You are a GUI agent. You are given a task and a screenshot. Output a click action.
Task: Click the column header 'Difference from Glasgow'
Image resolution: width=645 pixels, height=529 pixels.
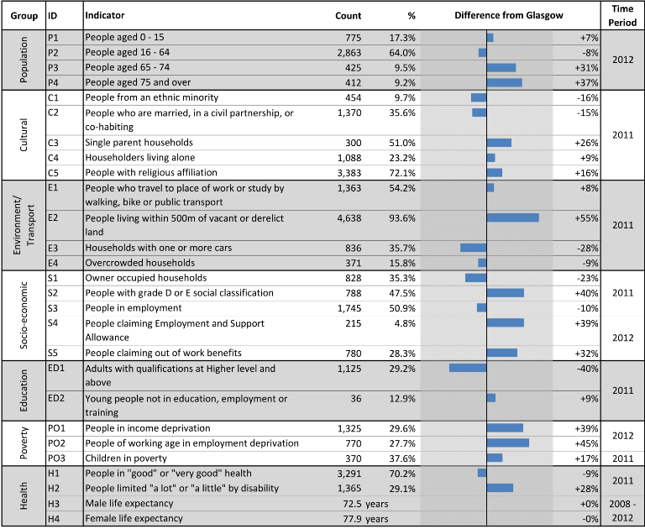pos(508,16)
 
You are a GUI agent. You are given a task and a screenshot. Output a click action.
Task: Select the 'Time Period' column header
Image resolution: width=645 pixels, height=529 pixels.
pos(622,16)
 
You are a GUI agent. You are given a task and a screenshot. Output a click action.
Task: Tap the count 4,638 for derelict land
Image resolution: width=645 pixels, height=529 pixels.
pos(349,218)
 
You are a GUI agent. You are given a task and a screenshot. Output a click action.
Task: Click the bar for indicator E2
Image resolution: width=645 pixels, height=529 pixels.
pos(513,217)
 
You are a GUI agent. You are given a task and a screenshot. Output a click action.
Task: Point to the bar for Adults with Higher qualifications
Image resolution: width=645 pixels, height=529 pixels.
pos(468,368)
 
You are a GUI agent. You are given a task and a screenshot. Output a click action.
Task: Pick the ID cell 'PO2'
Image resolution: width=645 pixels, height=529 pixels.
pos(56,443)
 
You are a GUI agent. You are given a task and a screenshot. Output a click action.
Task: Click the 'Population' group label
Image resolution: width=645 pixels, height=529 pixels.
pos(24,60)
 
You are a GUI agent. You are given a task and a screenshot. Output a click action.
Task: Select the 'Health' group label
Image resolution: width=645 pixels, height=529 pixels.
pos(24,495)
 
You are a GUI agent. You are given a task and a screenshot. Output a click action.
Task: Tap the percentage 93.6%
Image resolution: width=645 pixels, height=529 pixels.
pos(402,218)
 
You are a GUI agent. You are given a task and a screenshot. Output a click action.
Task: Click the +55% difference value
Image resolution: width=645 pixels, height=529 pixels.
pos(586,218)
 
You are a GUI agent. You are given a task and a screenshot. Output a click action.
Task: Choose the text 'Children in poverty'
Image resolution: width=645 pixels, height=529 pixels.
pos(126,458)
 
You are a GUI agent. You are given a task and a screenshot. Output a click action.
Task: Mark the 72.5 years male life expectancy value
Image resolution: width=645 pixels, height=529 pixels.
pos(365,504)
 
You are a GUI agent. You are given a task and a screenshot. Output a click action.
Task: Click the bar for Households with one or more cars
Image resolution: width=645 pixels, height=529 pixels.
pos(473,248)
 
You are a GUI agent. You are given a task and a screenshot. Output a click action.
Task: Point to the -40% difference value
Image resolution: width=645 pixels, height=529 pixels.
pos(587,369)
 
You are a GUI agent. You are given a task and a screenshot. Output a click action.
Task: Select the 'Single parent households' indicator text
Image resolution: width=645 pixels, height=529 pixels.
pos(139,143)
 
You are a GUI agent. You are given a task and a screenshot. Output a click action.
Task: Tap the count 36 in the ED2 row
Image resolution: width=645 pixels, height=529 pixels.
pos(356,399)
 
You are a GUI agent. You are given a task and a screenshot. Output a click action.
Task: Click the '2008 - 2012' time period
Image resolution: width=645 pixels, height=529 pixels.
pos(622,511)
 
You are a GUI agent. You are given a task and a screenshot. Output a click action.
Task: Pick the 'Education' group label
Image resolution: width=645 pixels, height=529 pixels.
pos(24,390)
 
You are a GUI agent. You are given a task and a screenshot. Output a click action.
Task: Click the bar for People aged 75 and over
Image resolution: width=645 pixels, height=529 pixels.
pos(504,82)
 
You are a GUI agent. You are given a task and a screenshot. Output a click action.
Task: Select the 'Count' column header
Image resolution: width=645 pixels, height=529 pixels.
pos(348,16)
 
